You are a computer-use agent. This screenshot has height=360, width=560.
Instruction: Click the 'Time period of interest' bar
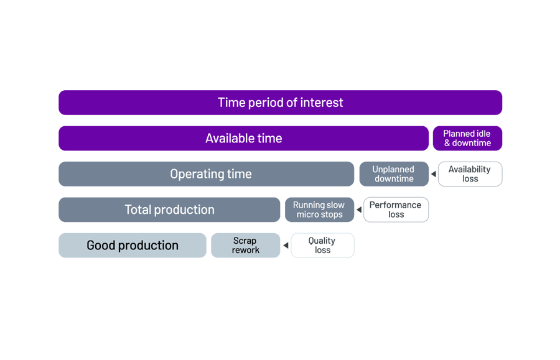click(x=280, y=103)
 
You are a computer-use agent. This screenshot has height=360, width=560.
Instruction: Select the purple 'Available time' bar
click(x=243, y=138)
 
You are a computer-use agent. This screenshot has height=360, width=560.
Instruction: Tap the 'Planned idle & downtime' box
click(x=467, y=138)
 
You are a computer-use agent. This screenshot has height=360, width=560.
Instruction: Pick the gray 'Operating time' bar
click(x=206, y=174)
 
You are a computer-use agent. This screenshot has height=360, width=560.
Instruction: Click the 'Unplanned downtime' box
click(x=393, y=174)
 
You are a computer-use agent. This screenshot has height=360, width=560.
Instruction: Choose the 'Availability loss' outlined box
click(x=470, y=174)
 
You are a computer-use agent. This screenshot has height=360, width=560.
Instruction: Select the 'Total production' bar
click(x=169, y=210)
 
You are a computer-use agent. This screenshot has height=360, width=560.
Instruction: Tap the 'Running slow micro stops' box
click(x=319, y=210)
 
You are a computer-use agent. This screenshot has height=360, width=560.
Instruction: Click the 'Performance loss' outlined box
click(x=396, y=210)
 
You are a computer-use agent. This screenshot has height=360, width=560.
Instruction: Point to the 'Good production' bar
click(x=133, y=246)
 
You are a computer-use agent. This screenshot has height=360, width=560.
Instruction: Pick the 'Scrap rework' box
click(x=245, y=246)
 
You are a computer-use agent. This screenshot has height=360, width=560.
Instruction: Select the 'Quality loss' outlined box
click(x=322, y=246)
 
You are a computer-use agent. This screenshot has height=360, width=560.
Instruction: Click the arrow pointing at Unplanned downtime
click(x=434, y=174)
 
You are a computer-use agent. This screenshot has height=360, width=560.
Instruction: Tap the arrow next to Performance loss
click(x=359, y=210)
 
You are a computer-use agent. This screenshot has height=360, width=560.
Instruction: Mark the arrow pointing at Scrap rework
click(x=286, y=246)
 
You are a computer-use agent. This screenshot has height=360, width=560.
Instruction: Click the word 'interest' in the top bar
click(x=322, y=103)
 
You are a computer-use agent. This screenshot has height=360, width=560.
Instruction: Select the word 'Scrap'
click(x=245, y=241)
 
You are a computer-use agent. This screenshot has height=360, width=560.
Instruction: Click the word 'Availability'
click(x=469, y=169)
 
